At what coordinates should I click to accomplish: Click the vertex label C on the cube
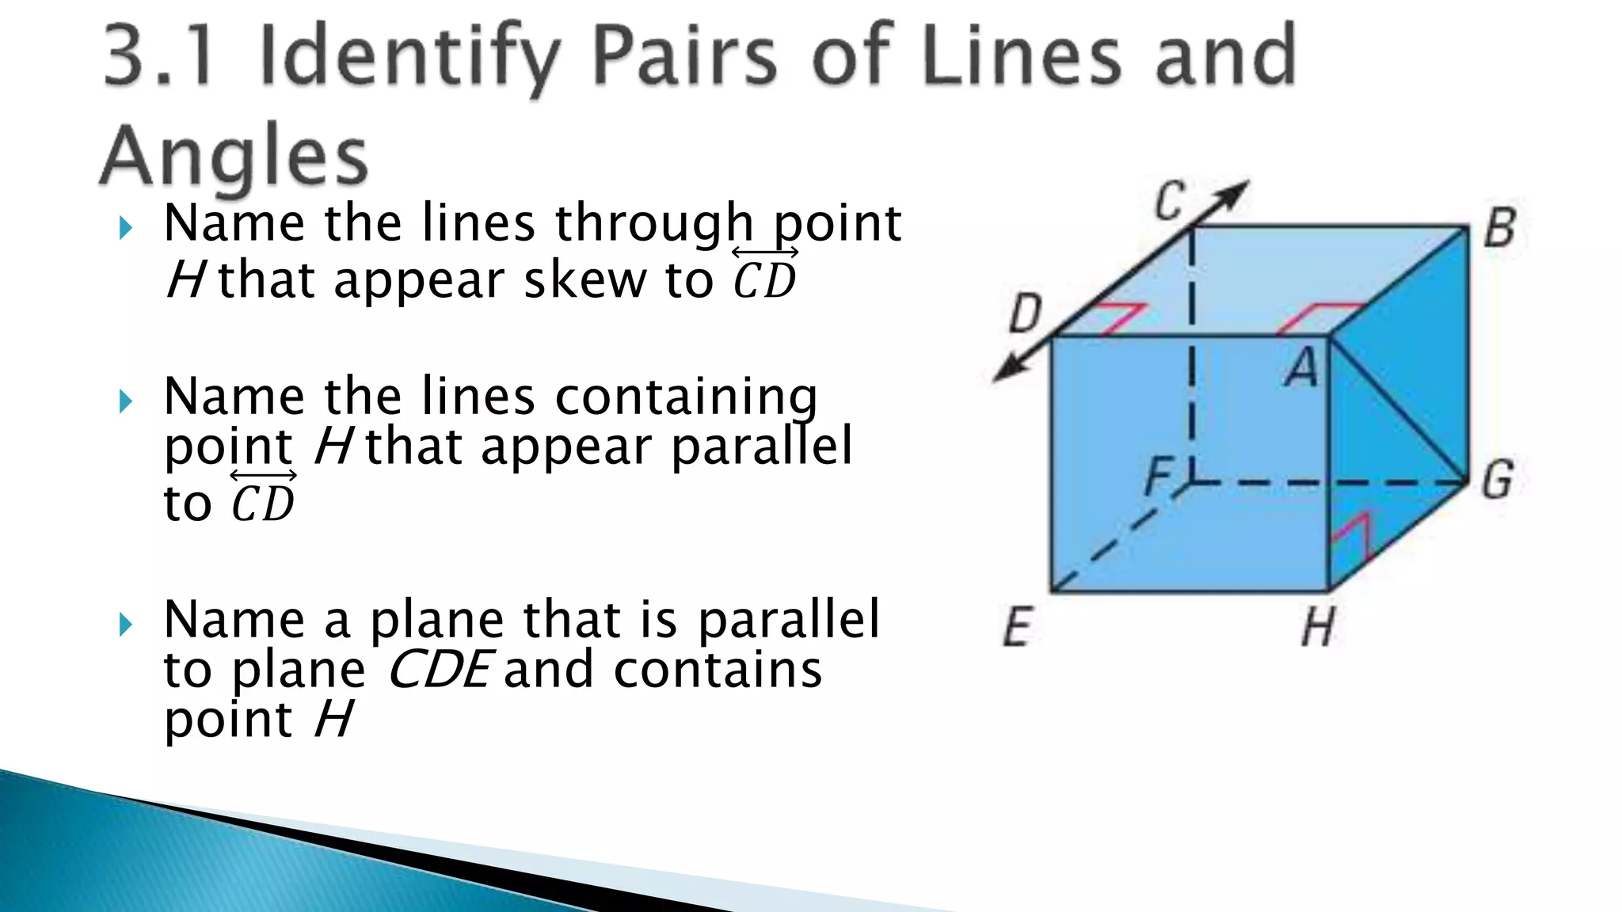point(1170,202)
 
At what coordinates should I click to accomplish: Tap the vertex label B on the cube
point(1499,228)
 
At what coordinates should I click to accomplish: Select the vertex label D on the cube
point(1026,313)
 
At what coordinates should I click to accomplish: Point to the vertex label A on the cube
point(1302,368)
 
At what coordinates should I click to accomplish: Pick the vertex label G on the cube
point(1498,480)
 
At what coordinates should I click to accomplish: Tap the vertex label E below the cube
point(1018,627)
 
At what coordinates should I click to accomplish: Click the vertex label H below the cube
point(1319,627)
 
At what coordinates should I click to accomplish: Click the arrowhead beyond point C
point(1232,195)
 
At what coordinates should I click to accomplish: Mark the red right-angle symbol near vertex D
point(1119,319)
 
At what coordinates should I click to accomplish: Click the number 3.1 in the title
point(158,57)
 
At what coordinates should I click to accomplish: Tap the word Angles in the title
point(235,156)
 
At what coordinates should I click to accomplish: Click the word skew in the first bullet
point(584,280)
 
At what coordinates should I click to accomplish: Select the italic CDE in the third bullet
point(440,670)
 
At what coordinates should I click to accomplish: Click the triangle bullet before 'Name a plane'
point(125,625)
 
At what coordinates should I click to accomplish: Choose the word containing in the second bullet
point(686,397)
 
